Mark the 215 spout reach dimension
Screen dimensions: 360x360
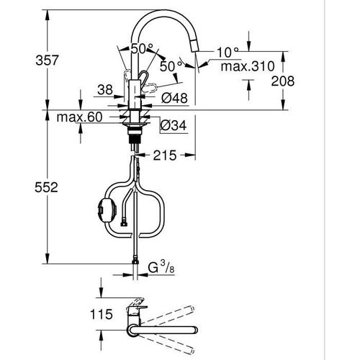coord(165,154)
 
